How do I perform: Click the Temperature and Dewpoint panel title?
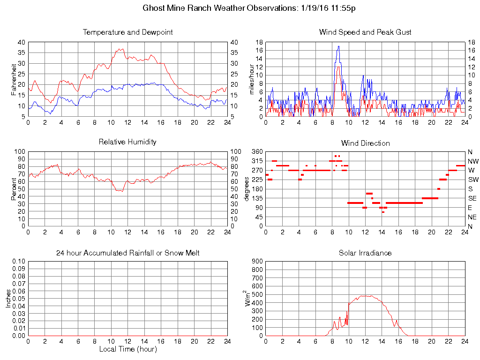click(x=127, y=32)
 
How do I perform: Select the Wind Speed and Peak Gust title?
click(x=365, y=32)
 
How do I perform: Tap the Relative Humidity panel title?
click(x=127, y=142)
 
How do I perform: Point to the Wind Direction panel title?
click(x=365, y=143)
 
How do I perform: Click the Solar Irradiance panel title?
click(x=365, y=253)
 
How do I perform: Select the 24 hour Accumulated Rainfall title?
click(x=127, y=253)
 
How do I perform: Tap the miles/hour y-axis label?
click(x=252, y=79)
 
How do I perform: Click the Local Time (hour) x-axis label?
click(x=127, y=349)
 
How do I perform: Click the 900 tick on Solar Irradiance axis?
click(x=257, y=262)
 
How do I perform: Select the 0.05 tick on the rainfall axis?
click(x=19, y=299)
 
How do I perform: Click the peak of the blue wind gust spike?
click(x=338, y=46)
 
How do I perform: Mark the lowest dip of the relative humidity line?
click(x=120, y=191)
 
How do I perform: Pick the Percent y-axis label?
click(x=14, y=188)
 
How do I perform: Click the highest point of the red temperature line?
click(x=121, y=49)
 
